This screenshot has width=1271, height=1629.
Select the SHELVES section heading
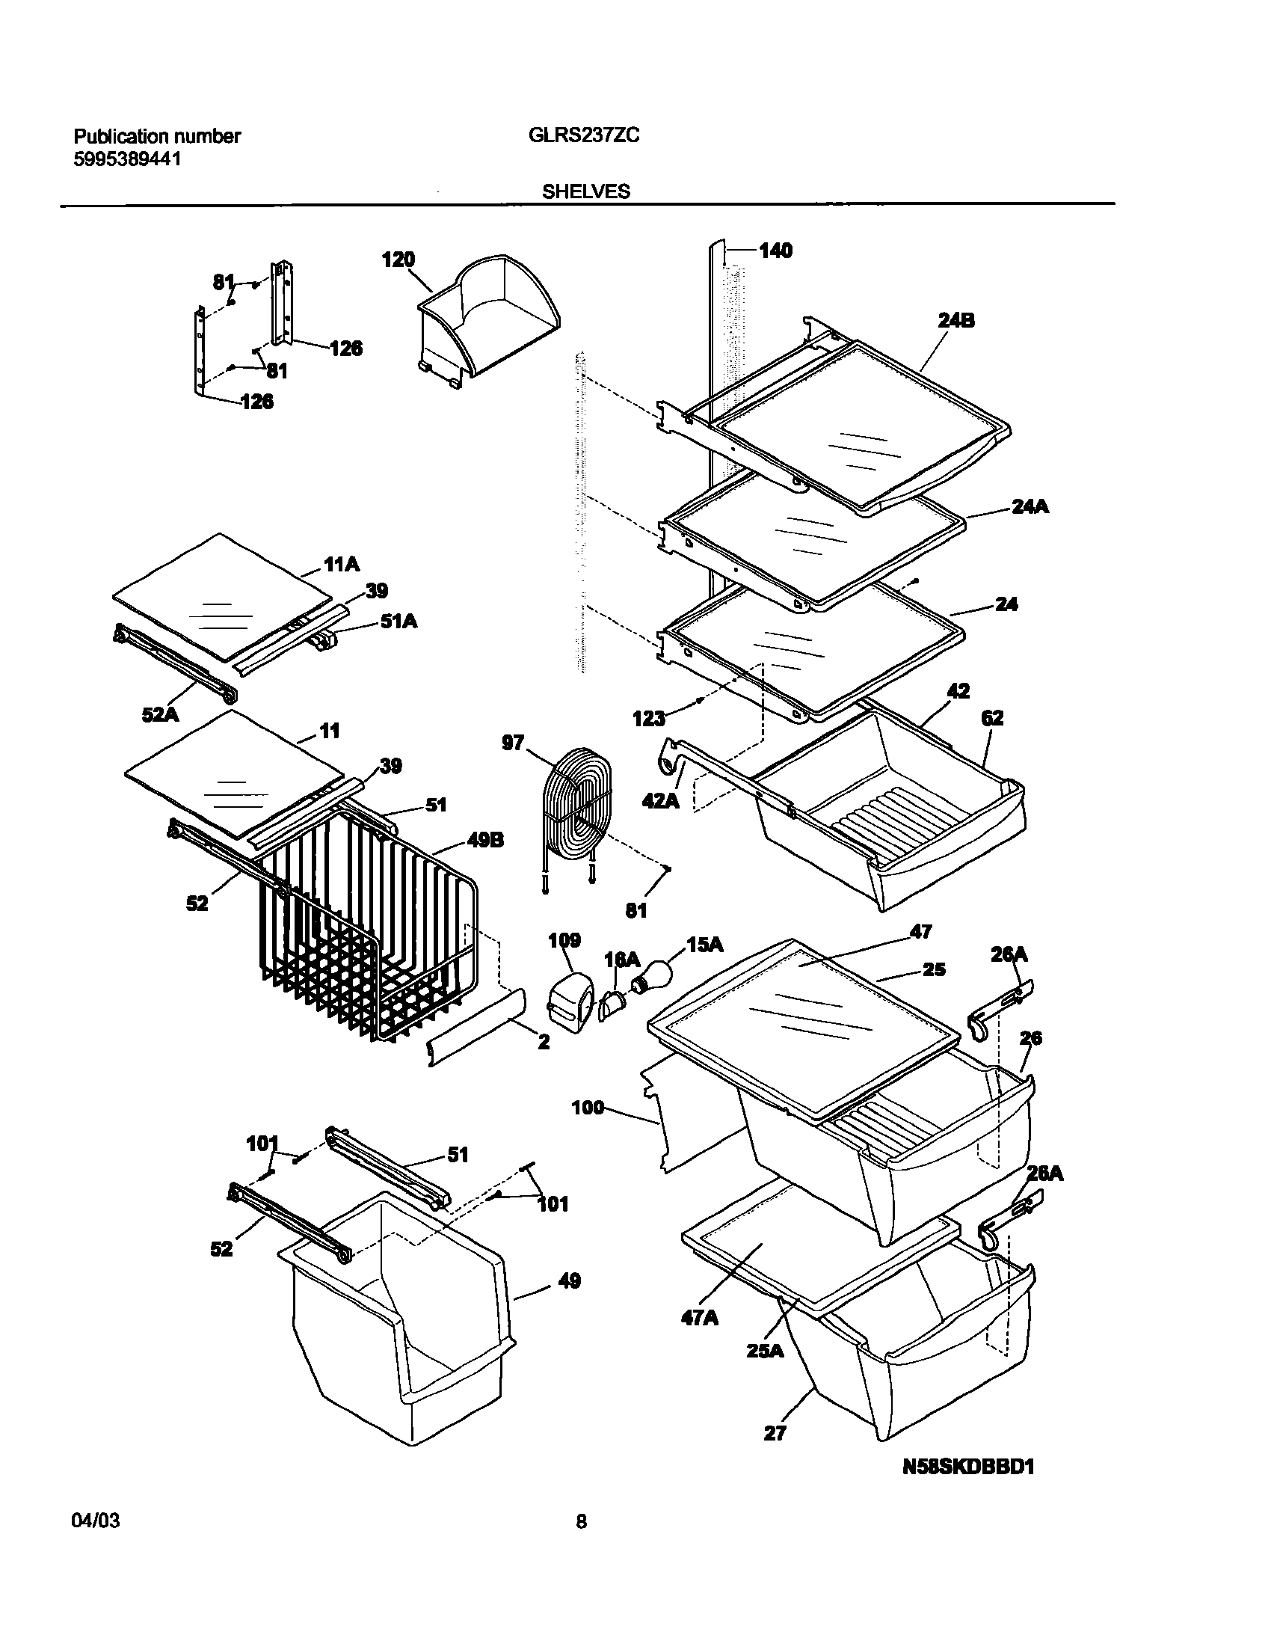pos(585,191)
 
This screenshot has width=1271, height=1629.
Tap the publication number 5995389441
pos(126,159)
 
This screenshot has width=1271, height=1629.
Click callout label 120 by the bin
pos(398,260)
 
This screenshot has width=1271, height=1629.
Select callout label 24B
pos(956,321)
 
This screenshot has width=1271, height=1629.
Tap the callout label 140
pos(775,251)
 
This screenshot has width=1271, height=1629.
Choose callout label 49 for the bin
pos(569,1281)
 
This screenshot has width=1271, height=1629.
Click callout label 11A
pos(341,565)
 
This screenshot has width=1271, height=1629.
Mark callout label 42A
pos(660,801)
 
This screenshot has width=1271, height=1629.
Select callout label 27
pos(775,1433)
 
